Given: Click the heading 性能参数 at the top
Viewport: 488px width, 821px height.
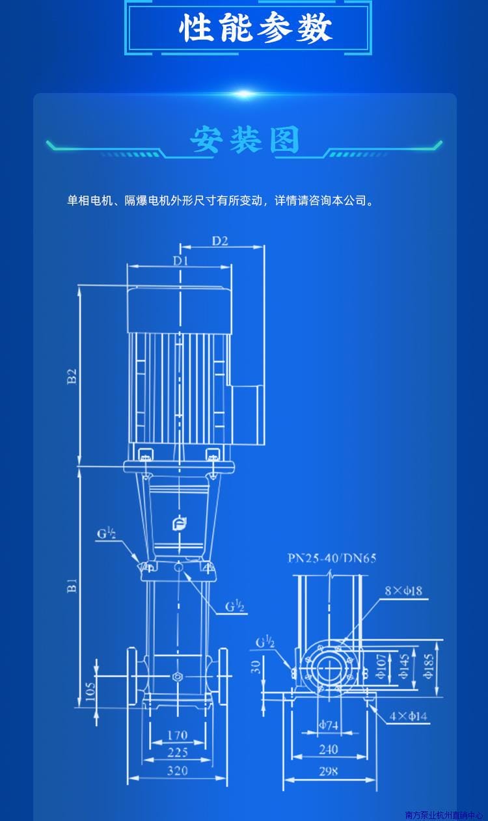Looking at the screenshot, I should [x=255, y=28].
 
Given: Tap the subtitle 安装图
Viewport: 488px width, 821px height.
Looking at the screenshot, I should [x=245, y=141].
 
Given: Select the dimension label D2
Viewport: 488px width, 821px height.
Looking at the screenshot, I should [x=220, y=240].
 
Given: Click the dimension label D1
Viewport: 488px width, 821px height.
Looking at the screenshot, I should [x=180, y=261].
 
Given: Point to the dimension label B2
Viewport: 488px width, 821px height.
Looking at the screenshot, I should [x=73, y=377].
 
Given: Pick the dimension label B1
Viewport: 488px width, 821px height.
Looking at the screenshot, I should [x=73, y=585].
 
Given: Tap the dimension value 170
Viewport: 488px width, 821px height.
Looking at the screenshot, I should [x=177, y=736].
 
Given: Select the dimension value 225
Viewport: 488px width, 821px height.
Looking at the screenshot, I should [x=177, y=753].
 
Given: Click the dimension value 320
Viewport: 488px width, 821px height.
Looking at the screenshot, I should [x=177, y=770].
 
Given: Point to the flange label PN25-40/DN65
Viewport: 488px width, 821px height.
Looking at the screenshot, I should [x=332, y=558].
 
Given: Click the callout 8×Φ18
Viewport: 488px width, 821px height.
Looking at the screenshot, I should [x=403, y=591].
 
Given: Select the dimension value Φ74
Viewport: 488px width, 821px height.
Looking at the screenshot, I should [x=329, y=725].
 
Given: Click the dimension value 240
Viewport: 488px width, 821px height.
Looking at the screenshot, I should [x=329, y=749].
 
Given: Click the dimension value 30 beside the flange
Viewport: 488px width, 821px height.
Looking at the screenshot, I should [x=256, y=667].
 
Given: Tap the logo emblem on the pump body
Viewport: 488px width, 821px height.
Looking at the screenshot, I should [x=179, y=524].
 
